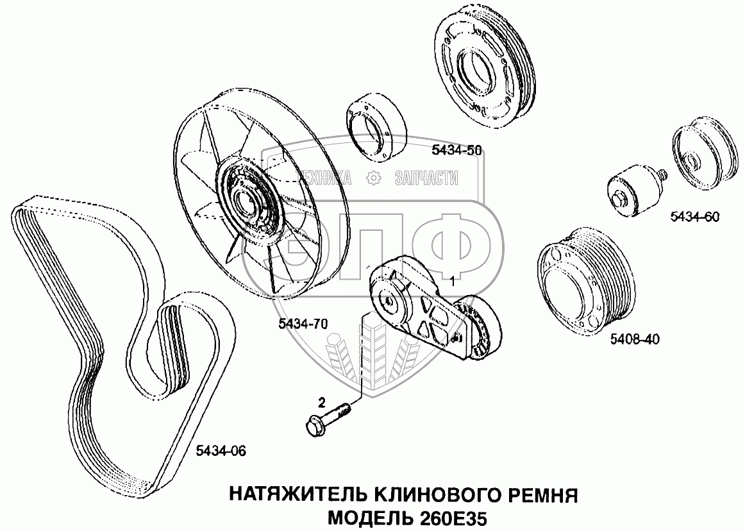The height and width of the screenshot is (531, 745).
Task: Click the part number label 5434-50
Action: click(456, 150)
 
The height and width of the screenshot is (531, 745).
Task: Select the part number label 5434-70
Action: click(303, 324)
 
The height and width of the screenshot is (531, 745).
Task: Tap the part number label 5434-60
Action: click(694, 217)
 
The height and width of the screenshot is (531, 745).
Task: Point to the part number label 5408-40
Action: click(635, 339)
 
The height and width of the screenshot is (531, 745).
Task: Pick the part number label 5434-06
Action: click(221, 451)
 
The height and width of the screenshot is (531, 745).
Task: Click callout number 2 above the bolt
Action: click(322, 403)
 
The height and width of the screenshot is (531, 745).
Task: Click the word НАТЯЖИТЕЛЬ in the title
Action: click(296, 495)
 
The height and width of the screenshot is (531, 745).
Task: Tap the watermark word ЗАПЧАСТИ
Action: click(426, 178)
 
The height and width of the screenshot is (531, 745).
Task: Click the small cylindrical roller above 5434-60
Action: click(630, 190)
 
